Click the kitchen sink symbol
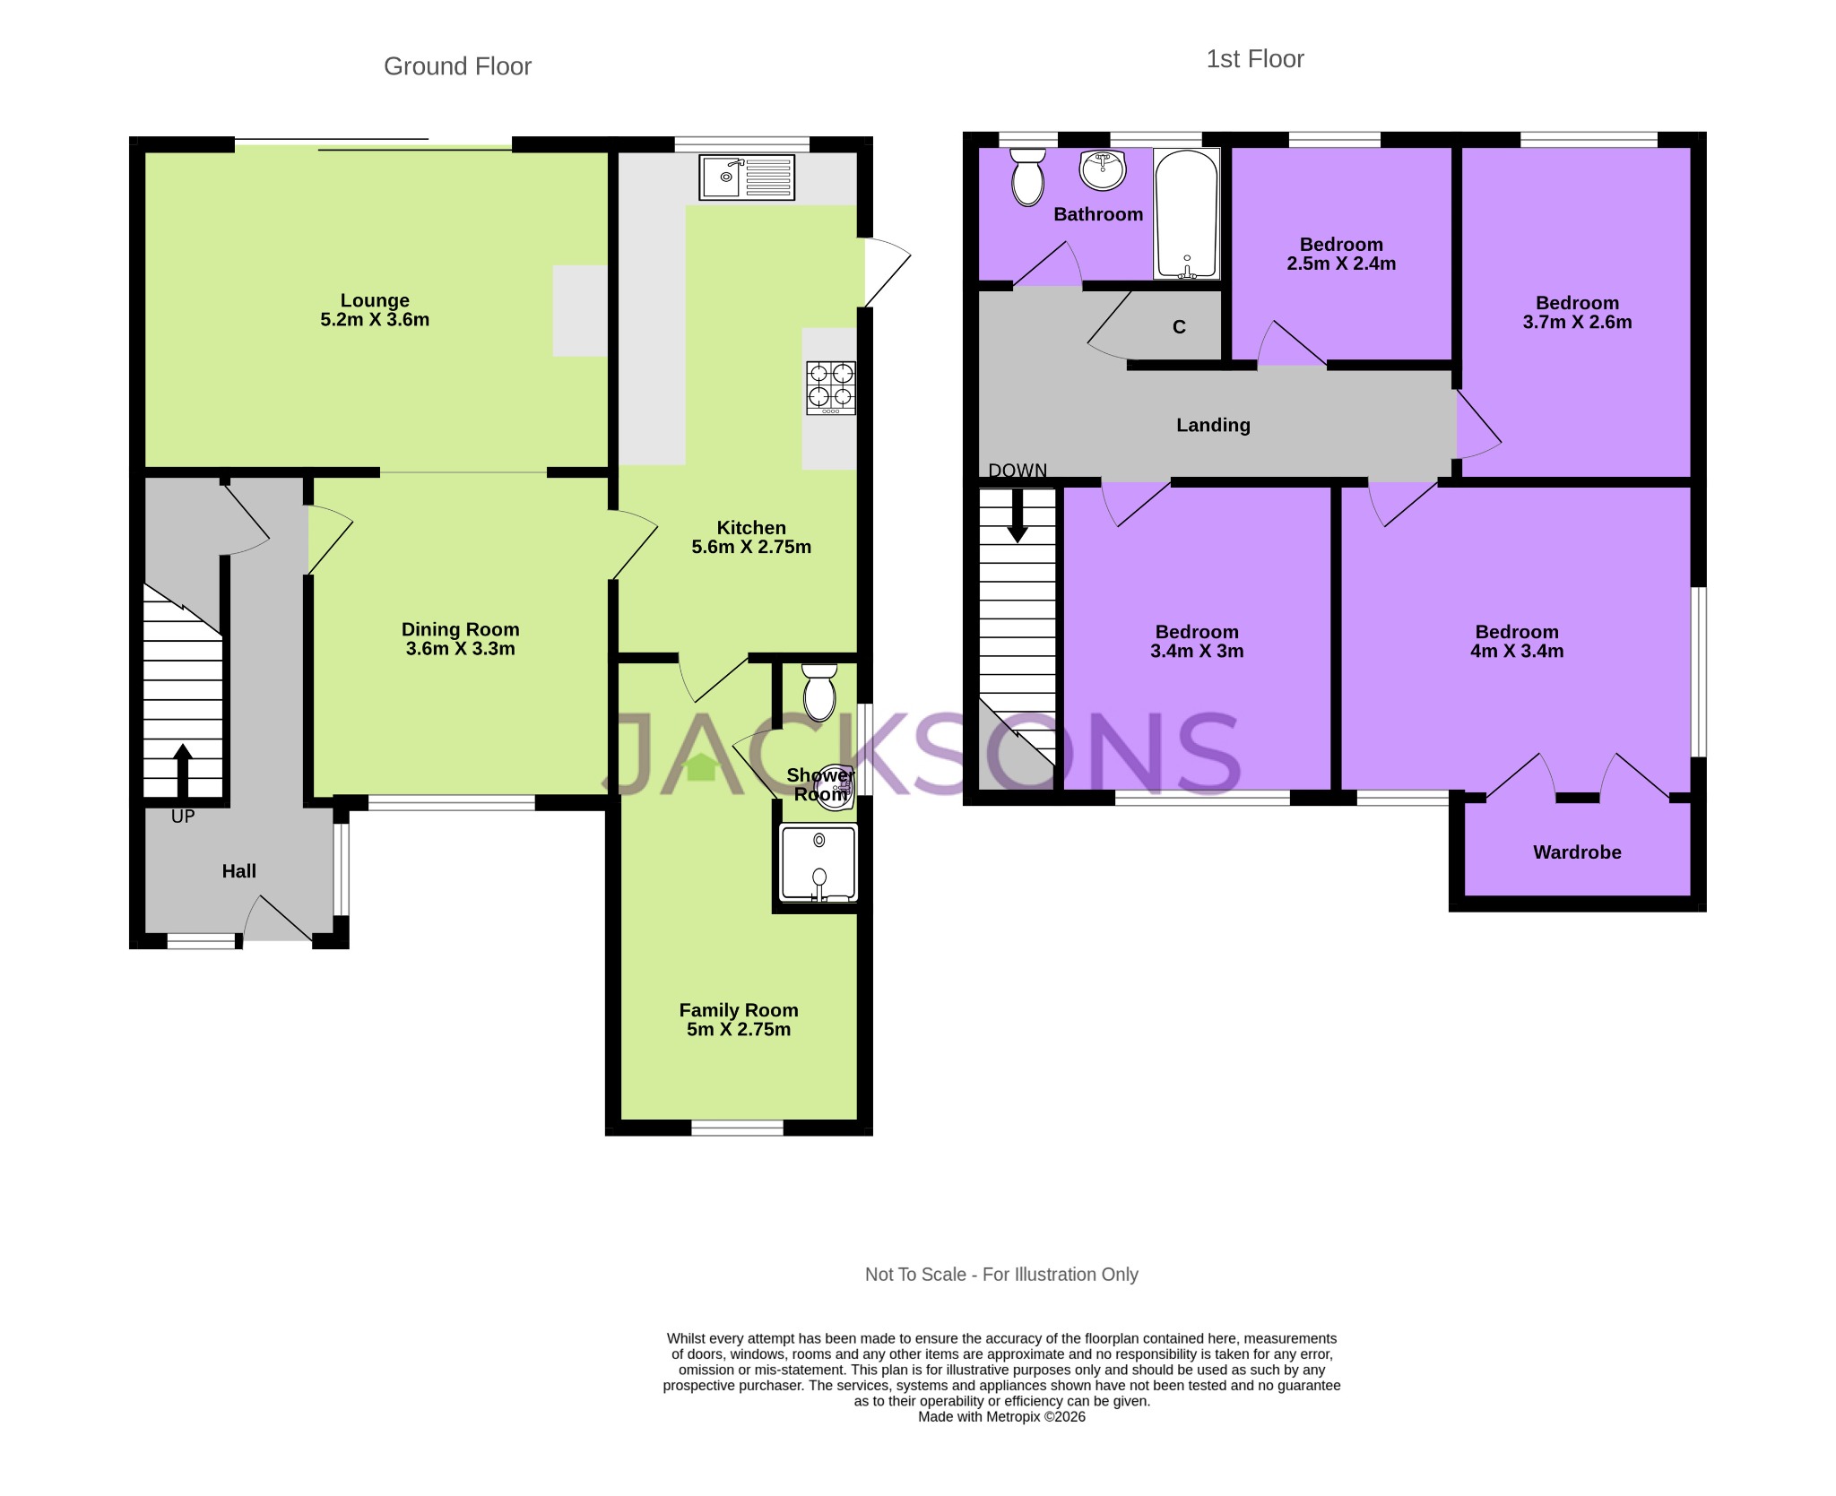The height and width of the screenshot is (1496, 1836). pyautogui.click(x=747, y=177)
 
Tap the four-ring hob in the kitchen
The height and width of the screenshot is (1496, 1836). pyautogui.click(x=830, y=386)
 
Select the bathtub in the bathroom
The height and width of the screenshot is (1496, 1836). pyautogui.click(x=1186, y=213)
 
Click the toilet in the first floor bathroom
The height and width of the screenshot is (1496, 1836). pyautogui.click(x=1027, y=177)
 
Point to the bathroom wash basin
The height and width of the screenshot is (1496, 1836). pyautogui.click(x=1102, y=169)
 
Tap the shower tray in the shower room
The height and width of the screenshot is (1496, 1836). pyautogui.click(x=818, y=862)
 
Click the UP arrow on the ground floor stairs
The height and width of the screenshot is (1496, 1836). pyautogui.click(x=183, y=770)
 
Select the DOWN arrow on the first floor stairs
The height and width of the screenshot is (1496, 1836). pyautogui.click(x=1018, y=515)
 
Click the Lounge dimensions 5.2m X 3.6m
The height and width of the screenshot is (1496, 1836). pyautogui.click(x=375, y=320)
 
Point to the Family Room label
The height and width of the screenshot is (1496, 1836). pyautogui.click(x=738, y=1010)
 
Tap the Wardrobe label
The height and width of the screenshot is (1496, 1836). pyautogui.click(x=1577, y=852)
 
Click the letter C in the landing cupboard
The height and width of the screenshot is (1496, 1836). pyautogui.click(x=1179, y=327)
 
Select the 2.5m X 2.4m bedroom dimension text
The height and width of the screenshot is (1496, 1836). pyautogui.click(x=1341, y=264)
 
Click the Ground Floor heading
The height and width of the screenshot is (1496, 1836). pyautogui.click(x=457, y=66)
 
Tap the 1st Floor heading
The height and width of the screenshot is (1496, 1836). pyautogui.click(x=1254, y=59)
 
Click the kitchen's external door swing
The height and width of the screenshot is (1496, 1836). pyautogui.click(x=886, y=270)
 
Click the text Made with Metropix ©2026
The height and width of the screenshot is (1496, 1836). pyautogui.click(x=1001, y=1416)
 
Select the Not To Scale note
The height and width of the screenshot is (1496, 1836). pyautogui.click(x=1001, y=1274)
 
